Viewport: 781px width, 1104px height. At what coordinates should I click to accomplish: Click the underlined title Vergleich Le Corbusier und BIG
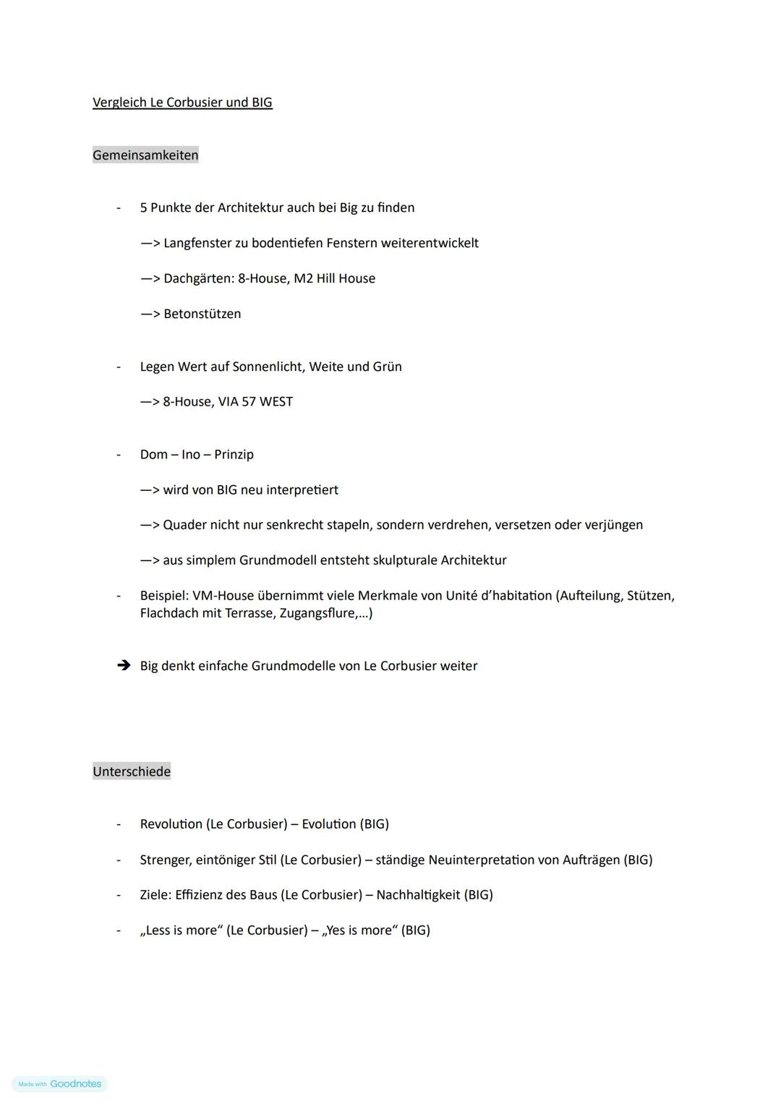tap(182, 103)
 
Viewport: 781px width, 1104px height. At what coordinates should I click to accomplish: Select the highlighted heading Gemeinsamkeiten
tap(145, 155)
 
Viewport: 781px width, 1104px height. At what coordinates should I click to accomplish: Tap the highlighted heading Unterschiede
tap(132, 771)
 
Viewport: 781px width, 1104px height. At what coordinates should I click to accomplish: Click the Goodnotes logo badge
tap(60, 1084)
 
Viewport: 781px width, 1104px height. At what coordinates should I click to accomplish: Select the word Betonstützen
tap(202, 314)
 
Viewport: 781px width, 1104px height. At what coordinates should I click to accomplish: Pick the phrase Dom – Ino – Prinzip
tap(197, 455)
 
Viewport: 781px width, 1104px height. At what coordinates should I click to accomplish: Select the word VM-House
tap(223, 596)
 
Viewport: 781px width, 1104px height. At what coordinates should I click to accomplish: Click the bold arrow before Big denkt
tap(124, 665)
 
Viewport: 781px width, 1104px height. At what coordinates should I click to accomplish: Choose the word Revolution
tap(171, 824)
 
